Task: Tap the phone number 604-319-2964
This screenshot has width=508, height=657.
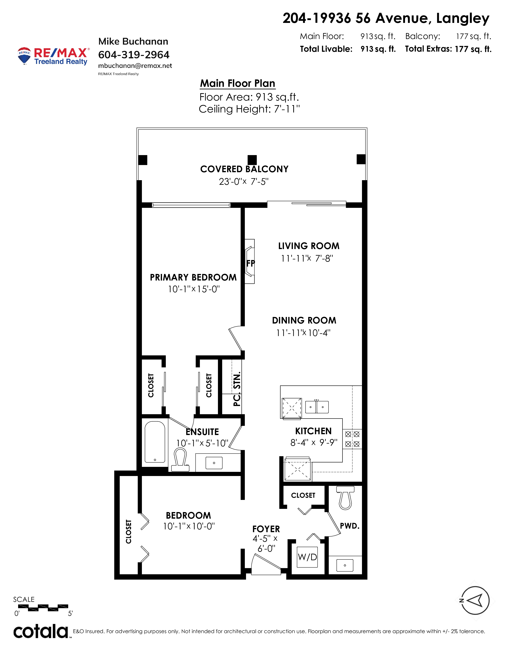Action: (134, 55)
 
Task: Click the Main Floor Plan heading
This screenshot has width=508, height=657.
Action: (238, 83)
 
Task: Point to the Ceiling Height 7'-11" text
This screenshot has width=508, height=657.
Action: (249, 109)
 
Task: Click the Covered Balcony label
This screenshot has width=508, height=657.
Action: (244, 169)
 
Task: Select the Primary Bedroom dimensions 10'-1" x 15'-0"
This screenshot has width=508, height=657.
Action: (194, 289)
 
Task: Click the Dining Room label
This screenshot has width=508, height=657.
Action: (304, 320)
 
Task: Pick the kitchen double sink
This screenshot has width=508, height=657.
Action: (317, 407)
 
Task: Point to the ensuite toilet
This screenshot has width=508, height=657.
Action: (180, 459)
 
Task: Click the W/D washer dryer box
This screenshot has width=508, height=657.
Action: (307, 557)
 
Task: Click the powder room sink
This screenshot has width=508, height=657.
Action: (345, 565)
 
